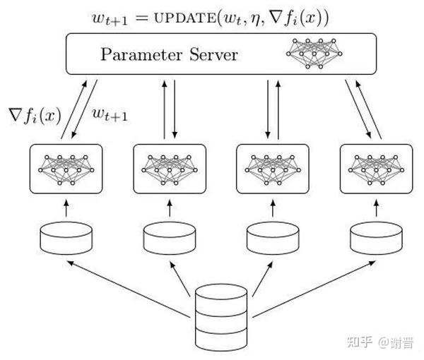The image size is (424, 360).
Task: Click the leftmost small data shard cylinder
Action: click(x=66, y=238)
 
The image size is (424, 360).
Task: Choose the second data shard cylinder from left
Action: click(x=170, y=238)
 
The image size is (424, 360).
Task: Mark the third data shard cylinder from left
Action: click(x=272, y=238)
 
